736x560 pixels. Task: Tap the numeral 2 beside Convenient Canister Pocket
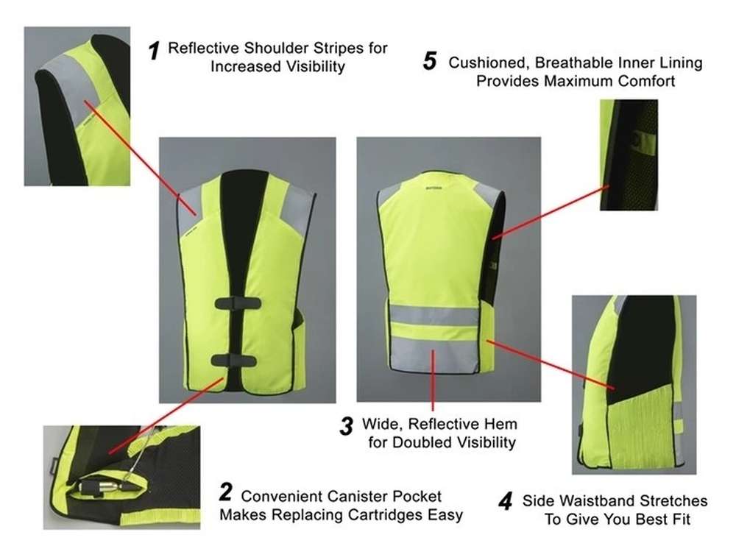pyautogui.click(x=226, y=492)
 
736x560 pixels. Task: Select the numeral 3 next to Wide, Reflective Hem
pyautogui.click(x=347, y=426)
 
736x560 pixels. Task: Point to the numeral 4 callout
pyautogui.click(x=505, y=502)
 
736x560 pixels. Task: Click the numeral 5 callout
pyautogui.click(x=430, y=61)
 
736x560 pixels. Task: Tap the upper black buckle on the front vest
pyautogui.click(x=238, y=303)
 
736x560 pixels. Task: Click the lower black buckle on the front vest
pyautogui.click(x=234, y=360)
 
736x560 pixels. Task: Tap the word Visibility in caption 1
pyautogui.click(x=316, y=66)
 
